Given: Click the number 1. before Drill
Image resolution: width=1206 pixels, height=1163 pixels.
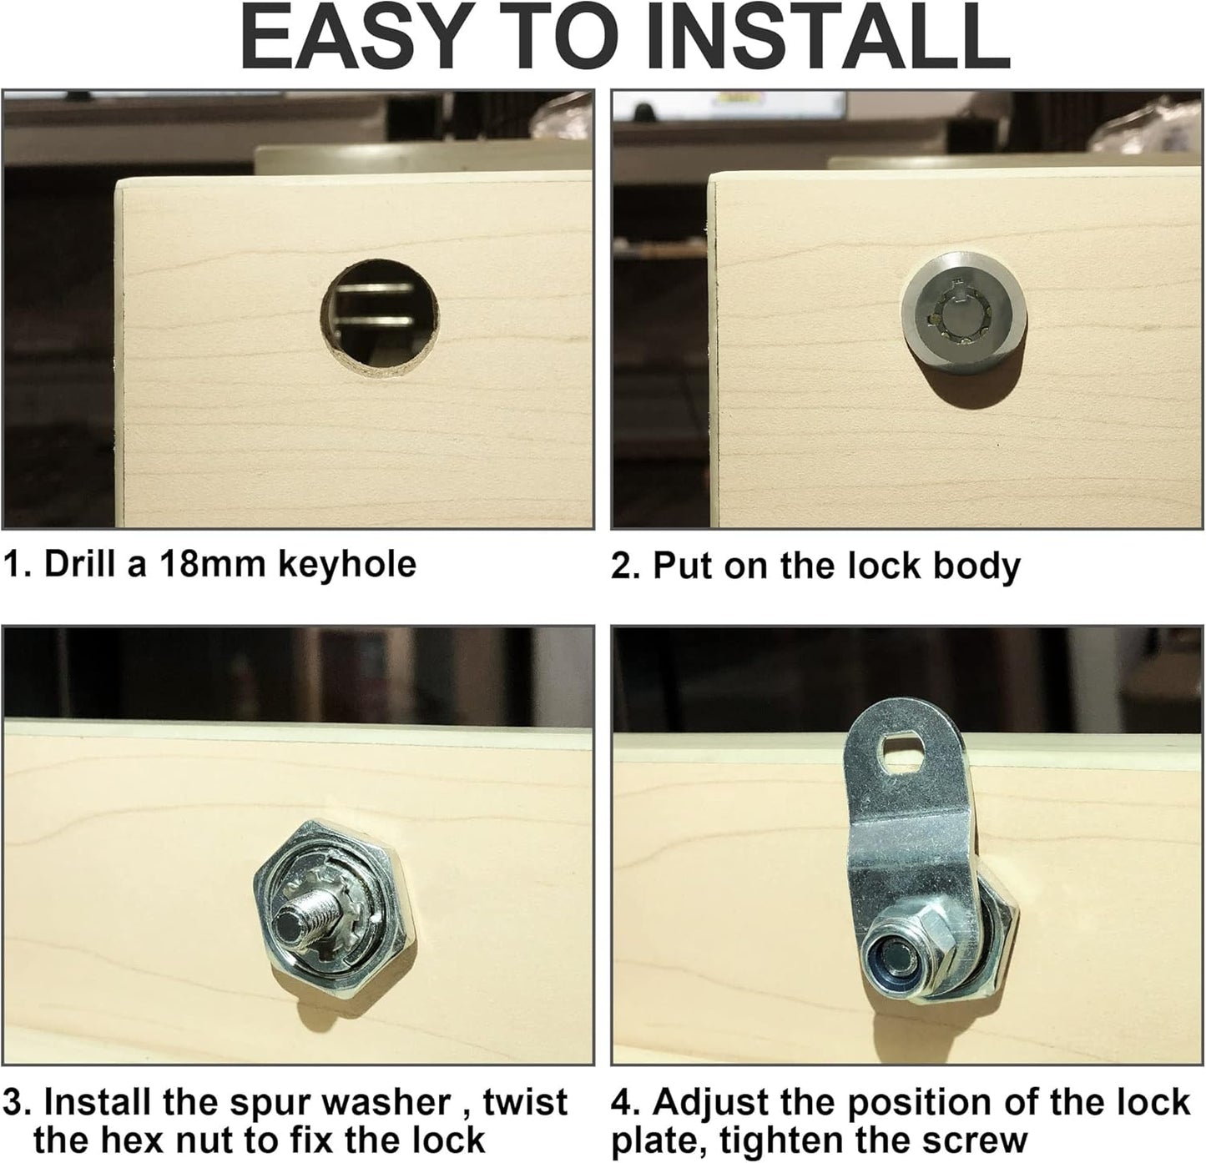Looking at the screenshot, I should pos(17,565).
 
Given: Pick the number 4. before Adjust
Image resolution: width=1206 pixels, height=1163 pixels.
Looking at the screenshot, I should pos(626,1102).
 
